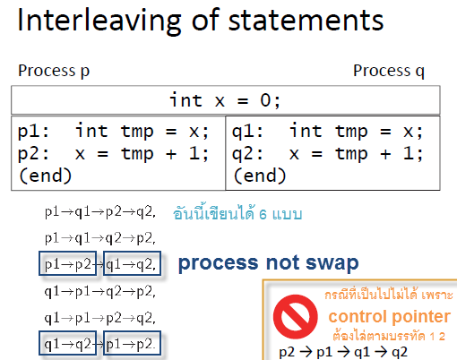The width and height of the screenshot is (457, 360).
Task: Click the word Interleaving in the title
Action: tap(99, 21)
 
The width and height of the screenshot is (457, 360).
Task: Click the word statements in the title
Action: tap(306, 21)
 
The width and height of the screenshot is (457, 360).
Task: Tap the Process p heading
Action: tap(54, 71)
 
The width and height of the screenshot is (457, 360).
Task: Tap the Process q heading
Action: tap(389, 71)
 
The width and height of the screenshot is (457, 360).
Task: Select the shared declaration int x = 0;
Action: tap(225, 100)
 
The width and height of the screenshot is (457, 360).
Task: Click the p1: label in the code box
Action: tap(33, 132)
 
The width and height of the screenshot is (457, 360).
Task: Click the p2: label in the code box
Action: tap(33, 154)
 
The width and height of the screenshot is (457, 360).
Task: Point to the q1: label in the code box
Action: tap(247, 132)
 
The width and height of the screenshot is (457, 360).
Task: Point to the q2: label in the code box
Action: tap(247, 154)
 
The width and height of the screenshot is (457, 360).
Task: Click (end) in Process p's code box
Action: tap(45, 176)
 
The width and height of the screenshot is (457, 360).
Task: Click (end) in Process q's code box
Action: tap(260, 176)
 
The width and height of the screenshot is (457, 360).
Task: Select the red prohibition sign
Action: tap(296, 317)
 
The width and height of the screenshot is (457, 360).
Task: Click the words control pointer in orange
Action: tap(389, 317)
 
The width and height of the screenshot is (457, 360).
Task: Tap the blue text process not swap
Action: tap(268, 263)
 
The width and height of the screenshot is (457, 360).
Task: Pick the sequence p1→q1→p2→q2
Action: tap(100, 212)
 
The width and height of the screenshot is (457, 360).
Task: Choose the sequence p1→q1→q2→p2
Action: tap(100, 238)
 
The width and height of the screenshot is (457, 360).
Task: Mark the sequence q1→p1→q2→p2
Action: tap(100, 292)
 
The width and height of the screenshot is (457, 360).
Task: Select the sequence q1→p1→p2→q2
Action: tap(100, 318)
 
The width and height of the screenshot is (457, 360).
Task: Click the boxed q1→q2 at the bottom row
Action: tap(68, 343)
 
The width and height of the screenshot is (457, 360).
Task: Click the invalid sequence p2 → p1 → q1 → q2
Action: tap(343, 353)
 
